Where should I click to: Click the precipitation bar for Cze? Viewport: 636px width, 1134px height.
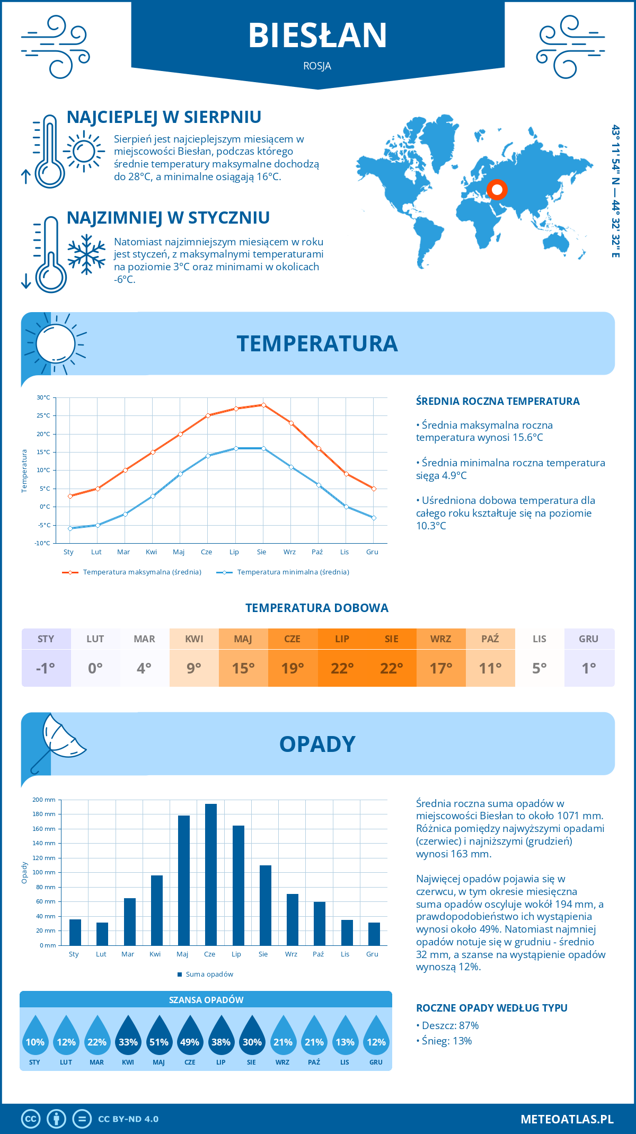tap(210, 874)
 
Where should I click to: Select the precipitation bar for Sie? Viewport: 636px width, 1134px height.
tap(266, 905)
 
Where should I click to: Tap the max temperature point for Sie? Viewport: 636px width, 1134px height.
tap(263, 405)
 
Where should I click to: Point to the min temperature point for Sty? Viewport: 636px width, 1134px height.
tap(70, 528)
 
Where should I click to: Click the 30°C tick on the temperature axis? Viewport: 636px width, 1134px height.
tap(43, 397)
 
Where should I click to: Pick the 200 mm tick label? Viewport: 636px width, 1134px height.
tap(44, 800)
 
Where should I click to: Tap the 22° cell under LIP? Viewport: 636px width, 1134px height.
tap(342, 668)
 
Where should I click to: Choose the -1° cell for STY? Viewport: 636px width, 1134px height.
tap(46, 668)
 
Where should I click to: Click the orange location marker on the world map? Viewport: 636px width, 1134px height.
tap(497, 189)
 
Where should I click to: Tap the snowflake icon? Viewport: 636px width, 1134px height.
tap(86, 254)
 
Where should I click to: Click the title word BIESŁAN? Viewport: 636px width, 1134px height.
tap(317, 36)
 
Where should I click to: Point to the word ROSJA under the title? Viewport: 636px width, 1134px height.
tap(317, 66)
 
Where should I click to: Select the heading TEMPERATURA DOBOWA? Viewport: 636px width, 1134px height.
tap(317, 608)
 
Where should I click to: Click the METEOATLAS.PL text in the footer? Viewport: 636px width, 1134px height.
tap(567, 1119)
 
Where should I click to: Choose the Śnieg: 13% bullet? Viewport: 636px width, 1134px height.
tap(447, 1041)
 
